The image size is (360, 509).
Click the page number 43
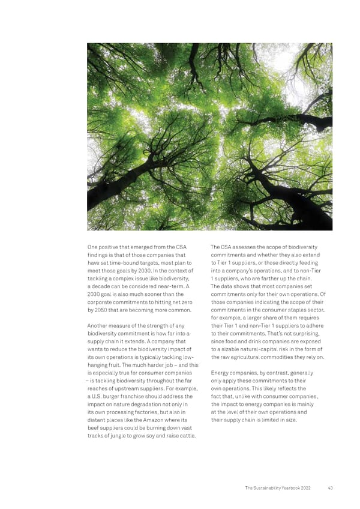(x=330, y=488)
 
